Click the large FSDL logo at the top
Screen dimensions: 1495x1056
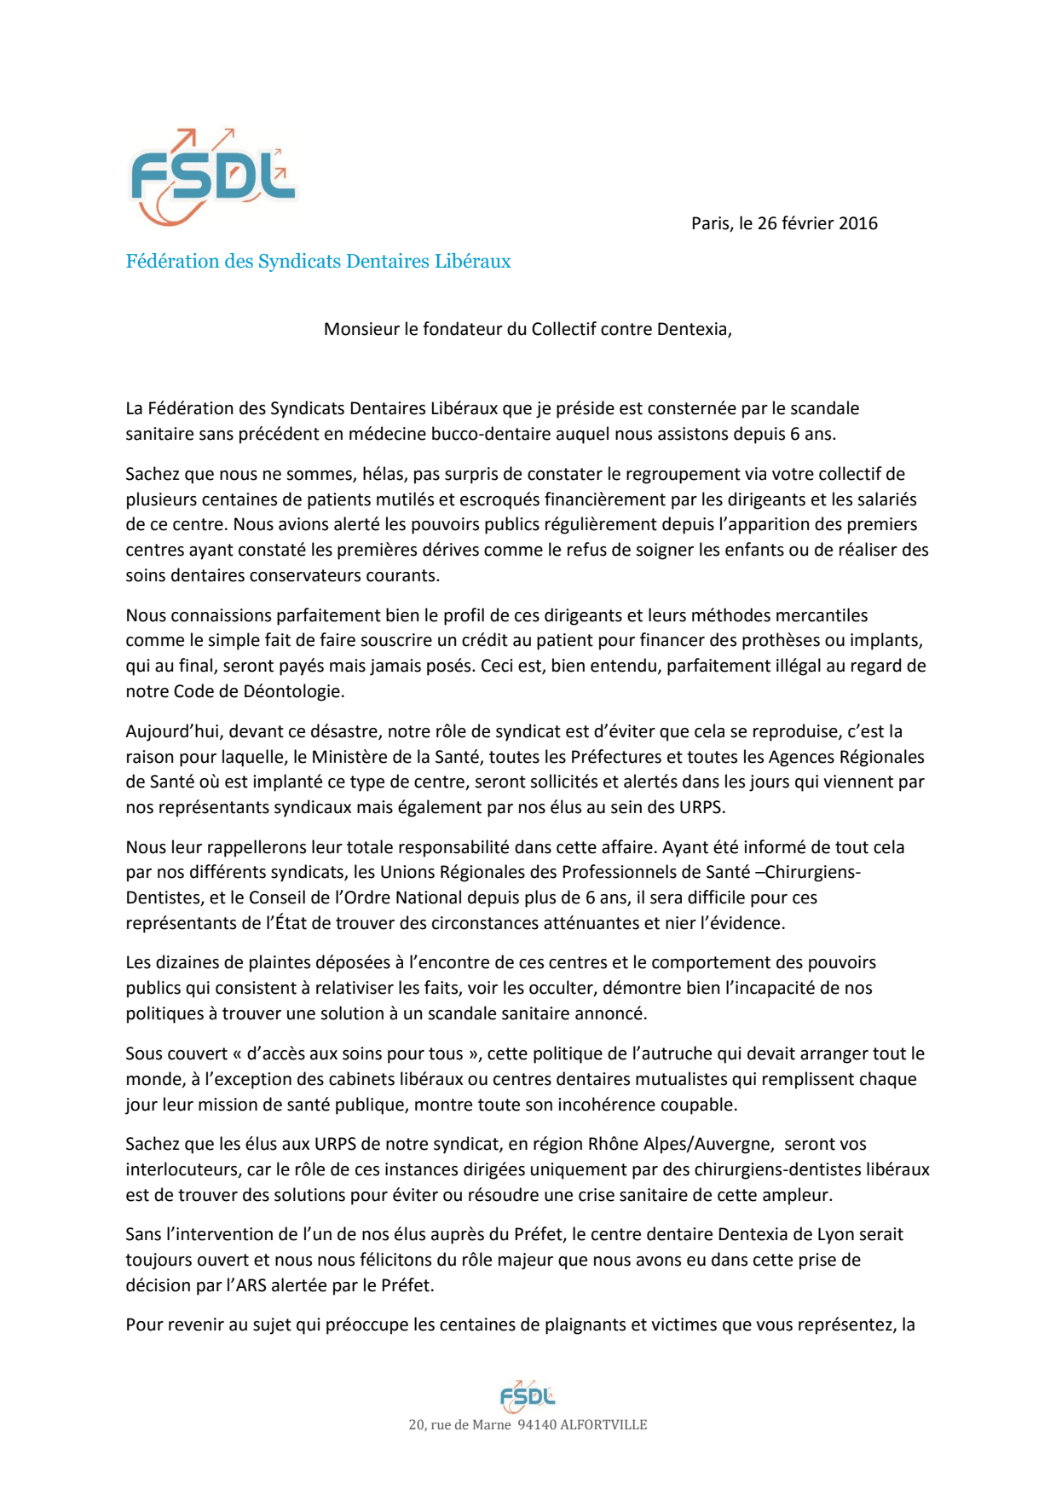211,177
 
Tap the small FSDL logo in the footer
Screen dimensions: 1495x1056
527,1395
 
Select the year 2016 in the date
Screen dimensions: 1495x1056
857,223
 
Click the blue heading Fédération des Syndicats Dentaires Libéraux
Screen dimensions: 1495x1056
318,262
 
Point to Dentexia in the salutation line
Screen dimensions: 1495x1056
693,329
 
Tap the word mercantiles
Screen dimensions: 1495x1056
817,615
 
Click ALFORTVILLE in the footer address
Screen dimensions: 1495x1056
603,1425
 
